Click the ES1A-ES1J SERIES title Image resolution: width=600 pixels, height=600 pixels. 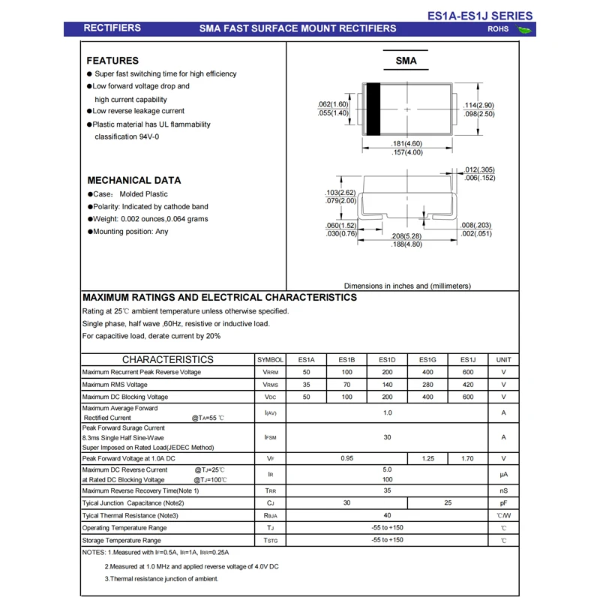tap(480, 15)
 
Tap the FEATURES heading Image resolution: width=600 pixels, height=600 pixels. tap(112, 60)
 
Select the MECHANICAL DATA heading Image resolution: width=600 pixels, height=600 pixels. tap(134, 180)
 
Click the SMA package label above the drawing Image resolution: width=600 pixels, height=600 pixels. tap(406, 61)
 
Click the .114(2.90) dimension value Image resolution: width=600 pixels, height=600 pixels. tap(478, 105)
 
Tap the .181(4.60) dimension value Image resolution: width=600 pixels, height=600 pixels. tap(407, 143)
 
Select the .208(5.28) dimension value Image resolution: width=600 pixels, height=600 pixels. tap(407, 235)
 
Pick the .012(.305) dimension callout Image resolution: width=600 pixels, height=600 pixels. tap(479, 169)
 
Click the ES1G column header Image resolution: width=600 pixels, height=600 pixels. tap(427, 360)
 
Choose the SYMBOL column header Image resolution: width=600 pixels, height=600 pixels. tap(270, 360)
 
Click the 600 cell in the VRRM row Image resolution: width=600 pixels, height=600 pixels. tap(468, 372)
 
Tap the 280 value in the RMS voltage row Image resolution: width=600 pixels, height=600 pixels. tap(427, 385)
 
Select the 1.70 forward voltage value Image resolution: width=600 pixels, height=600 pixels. tap(468, 458)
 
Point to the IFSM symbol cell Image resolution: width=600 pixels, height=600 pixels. tap(270, 437)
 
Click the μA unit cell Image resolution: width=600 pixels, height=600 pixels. tap(504, 475)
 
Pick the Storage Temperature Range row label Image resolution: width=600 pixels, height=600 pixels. tap(121, 540)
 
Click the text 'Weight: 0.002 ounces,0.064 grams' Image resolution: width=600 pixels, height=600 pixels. tap(150, 219)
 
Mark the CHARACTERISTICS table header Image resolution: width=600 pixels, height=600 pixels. tap(167, 359)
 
